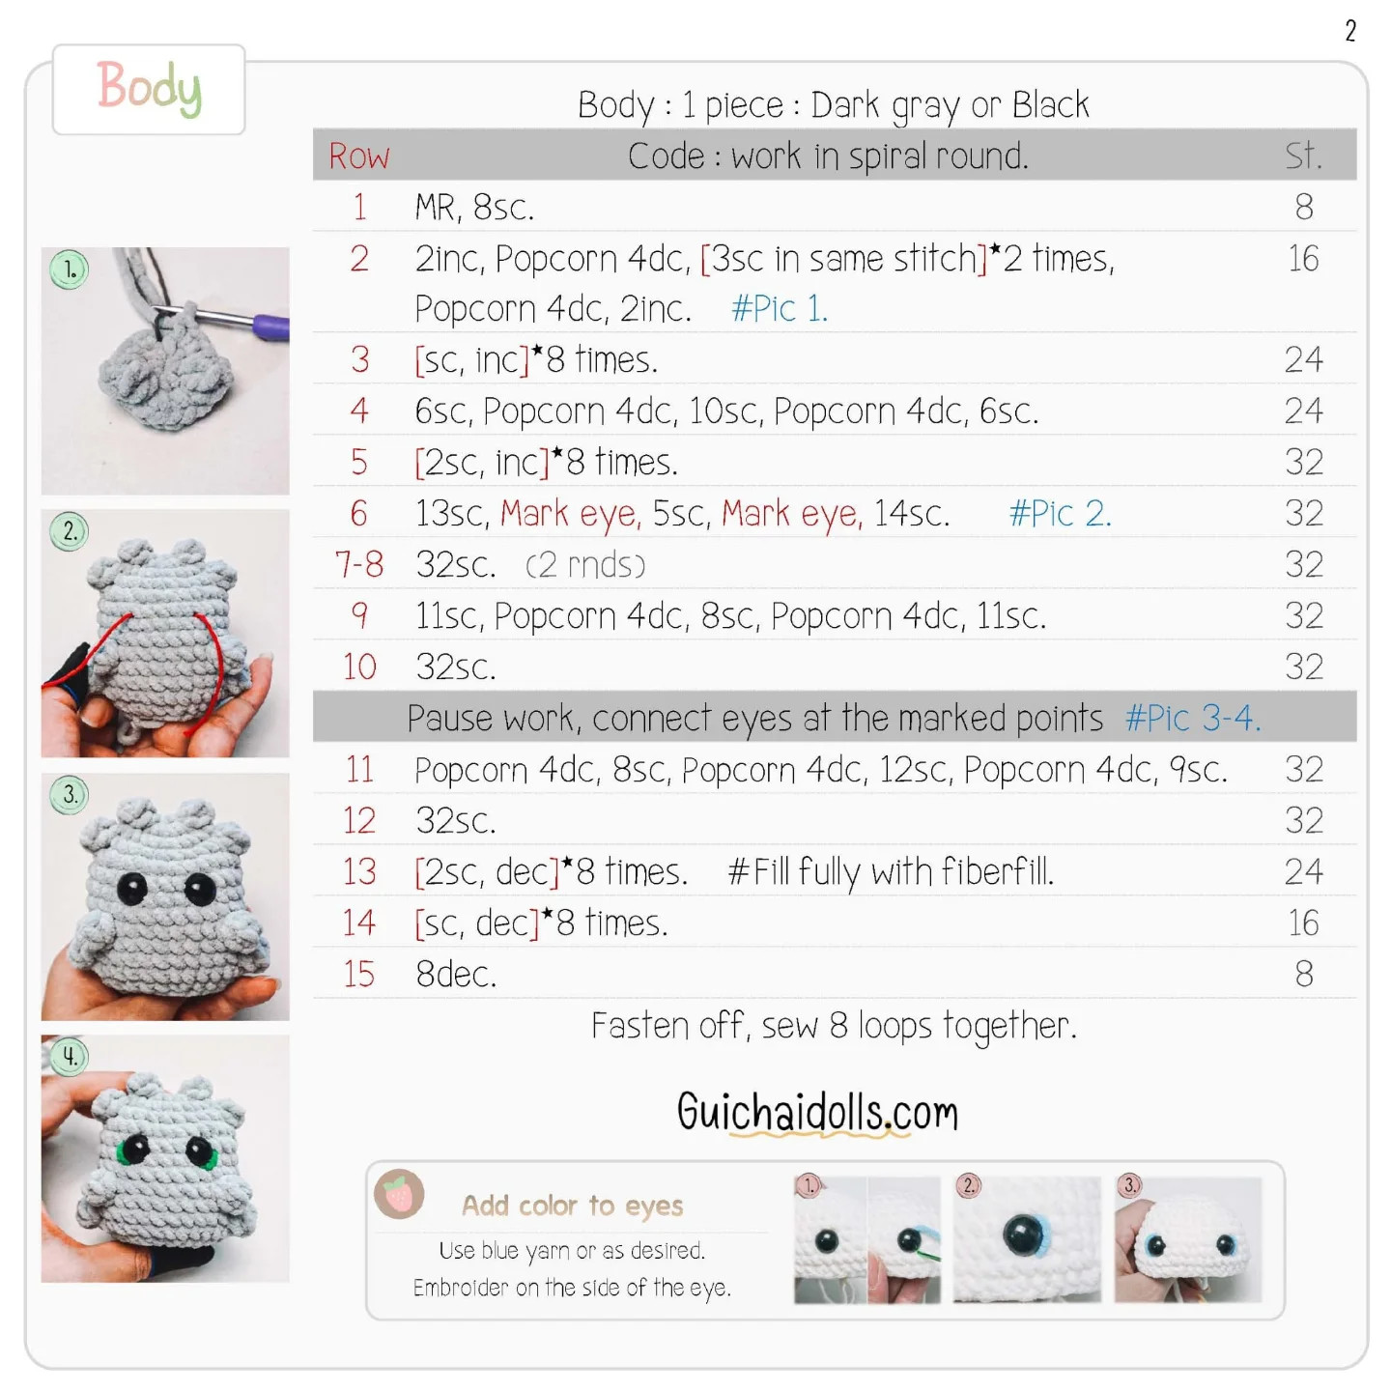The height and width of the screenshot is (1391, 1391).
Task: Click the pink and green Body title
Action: (150, 88)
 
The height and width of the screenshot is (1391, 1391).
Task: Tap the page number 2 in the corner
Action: (1350, 31)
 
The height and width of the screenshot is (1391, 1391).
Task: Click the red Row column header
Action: (358, 156)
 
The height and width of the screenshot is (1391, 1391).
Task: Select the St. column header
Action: (1304, 156)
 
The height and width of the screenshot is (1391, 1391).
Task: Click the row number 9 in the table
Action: (359, 615)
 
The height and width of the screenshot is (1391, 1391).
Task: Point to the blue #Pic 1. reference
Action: (780, 309)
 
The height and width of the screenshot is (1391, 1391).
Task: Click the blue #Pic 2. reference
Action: (1061, 513)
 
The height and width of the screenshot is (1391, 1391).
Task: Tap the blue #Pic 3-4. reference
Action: (1193, 719)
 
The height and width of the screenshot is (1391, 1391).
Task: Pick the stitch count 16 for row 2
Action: (1304, 259)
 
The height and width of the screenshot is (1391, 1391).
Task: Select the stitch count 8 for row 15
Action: (1304, 974)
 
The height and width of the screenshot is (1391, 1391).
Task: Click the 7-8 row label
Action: (359, 564)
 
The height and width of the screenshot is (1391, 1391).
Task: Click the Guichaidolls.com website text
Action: (818, 1113)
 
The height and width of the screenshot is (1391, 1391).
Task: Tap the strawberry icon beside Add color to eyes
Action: (399, 1195)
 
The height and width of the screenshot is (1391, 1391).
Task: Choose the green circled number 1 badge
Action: (70, 270)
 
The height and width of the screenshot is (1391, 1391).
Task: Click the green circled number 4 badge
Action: (70, 1057)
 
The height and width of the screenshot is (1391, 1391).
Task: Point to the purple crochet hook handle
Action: (271, 326)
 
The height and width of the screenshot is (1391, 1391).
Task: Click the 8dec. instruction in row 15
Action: (456, 975)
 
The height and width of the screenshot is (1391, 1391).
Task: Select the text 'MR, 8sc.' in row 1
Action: (474, 208)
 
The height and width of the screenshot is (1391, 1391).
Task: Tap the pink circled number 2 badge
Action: (969, 1186)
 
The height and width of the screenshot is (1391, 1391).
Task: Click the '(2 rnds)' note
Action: (585, 565)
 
